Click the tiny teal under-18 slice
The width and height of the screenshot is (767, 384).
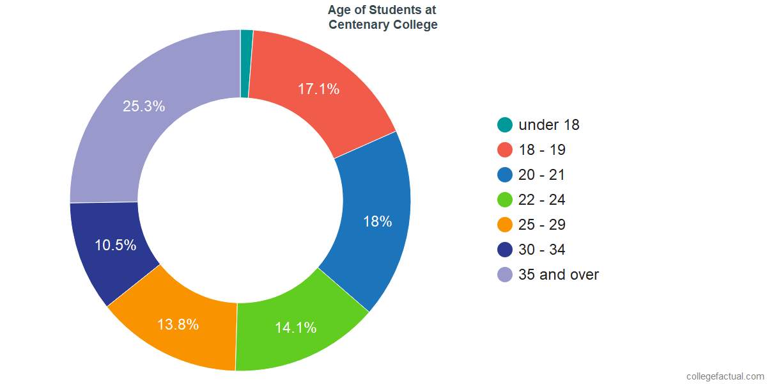pos(246,63)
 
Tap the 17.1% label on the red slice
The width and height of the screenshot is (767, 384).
pos(318,89)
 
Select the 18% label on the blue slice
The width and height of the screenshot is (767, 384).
pos(377,221)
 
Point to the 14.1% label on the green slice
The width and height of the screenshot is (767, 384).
pos(295,328)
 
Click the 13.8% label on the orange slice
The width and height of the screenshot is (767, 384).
pos(178,324)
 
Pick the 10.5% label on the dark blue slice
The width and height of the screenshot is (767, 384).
pos(116,245)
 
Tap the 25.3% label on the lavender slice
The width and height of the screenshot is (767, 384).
pos(144,106)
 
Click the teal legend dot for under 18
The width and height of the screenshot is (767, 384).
pos(505,125)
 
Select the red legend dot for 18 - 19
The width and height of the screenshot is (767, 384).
pos(505,150)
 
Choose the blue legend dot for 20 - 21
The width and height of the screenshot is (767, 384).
pos(505,175)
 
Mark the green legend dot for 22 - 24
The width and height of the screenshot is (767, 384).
pos(505,200)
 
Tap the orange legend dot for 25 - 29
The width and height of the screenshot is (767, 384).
pos(505,225)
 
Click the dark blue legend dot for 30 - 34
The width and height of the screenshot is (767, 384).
pos(505,250)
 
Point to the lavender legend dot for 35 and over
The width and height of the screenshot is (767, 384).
pos(505,275)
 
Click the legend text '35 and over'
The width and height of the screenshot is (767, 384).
pos(559,275)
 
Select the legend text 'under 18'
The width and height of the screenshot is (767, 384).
pos(549,125)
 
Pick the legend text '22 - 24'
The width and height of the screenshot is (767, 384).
pos(542,200)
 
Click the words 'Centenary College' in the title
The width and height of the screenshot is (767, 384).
pos(383,25)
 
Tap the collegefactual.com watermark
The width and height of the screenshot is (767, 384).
pos(725,376)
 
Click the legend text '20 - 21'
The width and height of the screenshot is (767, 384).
pos(542,175)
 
